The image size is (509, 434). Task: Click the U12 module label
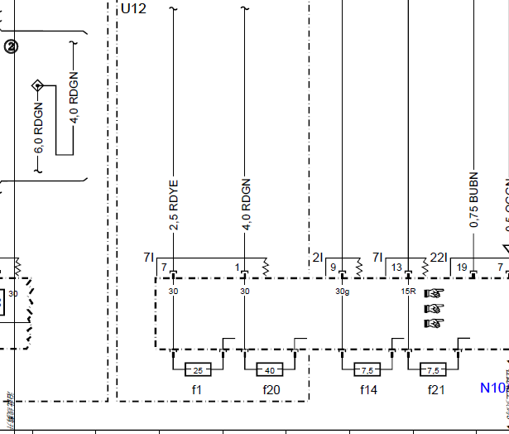point(133,9)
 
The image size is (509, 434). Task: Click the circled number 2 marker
point(11,47)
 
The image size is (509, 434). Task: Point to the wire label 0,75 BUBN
point(473,200)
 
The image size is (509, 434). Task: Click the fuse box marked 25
point(197,369)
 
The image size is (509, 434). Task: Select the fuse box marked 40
point(270,369)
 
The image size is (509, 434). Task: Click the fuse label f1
point(197,388)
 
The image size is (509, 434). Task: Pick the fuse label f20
point(271,388)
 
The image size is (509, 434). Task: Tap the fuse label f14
point(367,388)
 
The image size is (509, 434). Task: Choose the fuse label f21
point(435,388)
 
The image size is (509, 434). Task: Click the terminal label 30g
point(342,292)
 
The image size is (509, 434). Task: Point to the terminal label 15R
point(408,292)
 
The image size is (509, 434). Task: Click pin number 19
point(462,268)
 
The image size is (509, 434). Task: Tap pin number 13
point(396,268)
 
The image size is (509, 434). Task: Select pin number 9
point(333,268)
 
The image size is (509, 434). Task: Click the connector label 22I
point(439,258)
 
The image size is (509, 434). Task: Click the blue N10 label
point(492,387)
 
